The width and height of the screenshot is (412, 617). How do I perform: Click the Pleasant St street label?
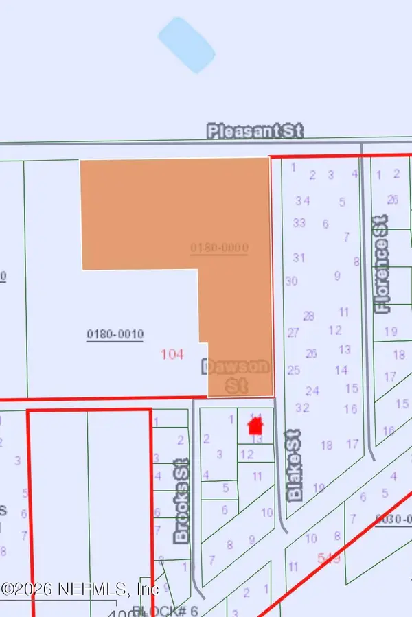(x=255, y=130)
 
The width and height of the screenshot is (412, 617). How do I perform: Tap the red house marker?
(x=256, y=426)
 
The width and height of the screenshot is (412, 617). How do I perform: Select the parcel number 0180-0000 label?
(x=219, y=247)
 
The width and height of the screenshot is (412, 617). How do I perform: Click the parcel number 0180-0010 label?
(x=115, y=334)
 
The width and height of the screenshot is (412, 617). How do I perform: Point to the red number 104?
(x=172, y=354)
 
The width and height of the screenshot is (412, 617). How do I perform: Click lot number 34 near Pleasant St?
(x=303, y=200)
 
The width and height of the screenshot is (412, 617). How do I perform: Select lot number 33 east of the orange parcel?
(x=299, y=223)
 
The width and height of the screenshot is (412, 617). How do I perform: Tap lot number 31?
(x=299, y=257)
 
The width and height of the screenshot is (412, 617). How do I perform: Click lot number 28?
(x=308, y=316)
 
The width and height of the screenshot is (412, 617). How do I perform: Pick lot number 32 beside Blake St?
(x=301, y=408)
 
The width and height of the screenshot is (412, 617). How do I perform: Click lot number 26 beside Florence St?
(x=392, y=200)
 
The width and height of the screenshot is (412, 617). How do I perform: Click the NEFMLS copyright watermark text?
(x=80, y=588)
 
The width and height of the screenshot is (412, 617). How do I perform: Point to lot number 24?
(x=312, y=391)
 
